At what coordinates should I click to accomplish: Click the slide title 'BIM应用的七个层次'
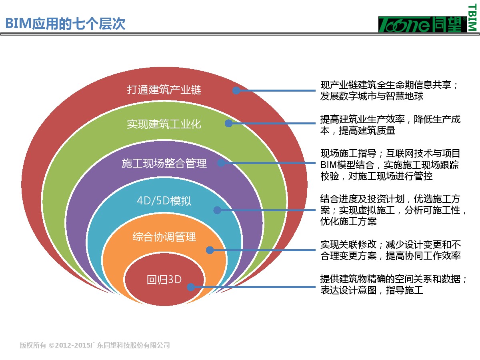click(65, 24)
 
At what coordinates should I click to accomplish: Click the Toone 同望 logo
click(422, 24)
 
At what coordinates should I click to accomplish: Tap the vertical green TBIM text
click(472, 18)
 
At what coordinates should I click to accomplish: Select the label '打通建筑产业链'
click(164, 90)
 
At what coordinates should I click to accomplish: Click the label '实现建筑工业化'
click(164, 124)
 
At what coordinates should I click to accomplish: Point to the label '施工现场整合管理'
click(164, 163)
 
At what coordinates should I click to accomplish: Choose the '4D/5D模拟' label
click(164, 201)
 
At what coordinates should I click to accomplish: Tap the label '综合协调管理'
click(164, 237)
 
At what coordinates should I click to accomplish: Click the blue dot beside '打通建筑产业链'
click(236, 90)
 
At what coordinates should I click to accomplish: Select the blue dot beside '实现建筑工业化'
click(228, 123)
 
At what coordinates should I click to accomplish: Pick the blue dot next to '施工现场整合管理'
click(221, 163)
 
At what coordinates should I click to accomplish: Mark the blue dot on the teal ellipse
click(217, 210)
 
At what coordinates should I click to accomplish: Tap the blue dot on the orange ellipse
click(210, 250)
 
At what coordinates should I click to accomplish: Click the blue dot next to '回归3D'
click(191, 287)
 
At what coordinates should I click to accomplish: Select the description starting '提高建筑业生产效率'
click(390, 125)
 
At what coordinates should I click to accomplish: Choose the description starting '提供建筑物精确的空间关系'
click(394, 284)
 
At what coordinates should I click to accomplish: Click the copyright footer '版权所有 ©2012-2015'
click(95, 345)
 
